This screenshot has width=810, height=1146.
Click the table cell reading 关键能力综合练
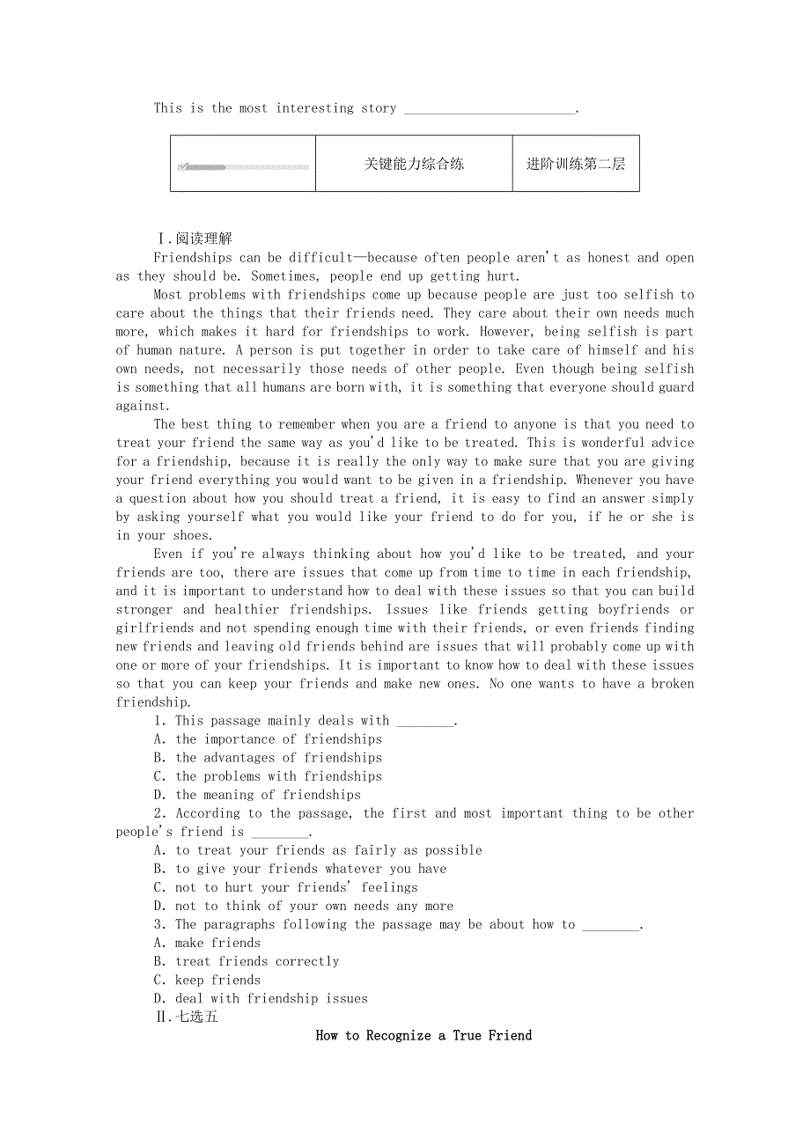[414, 164]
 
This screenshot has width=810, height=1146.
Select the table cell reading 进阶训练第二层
[576, 164]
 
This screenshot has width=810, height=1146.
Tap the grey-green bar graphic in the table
[244, 166]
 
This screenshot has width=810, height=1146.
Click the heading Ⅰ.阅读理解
[194, 239]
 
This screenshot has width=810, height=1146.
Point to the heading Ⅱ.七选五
[186, 1017]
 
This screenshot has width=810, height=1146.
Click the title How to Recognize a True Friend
[423, 1035]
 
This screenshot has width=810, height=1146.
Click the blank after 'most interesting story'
[489, 109]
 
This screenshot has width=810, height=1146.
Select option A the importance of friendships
[268, 739]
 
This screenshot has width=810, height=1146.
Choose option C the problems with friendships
[268, 776]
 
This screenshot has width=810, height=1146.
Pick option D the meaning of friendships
[257, 795]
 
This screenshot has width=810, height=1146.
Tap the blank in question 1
[425, 722]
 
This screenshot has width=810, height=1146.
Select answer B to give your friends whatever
[299, 869]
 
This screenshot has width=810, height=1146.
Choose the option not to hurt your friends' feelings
[285, 887]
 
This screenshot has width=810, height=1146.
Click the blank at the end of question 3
[611, 925]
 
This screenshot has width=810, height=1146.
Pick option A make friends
[207, 943]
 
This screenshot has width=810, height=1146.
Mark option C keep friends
[207, 980]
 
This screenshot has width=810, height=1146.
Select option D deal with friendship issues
[261, 998]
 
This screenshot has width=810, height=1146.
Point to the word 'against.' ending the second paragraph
[143, 406]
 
